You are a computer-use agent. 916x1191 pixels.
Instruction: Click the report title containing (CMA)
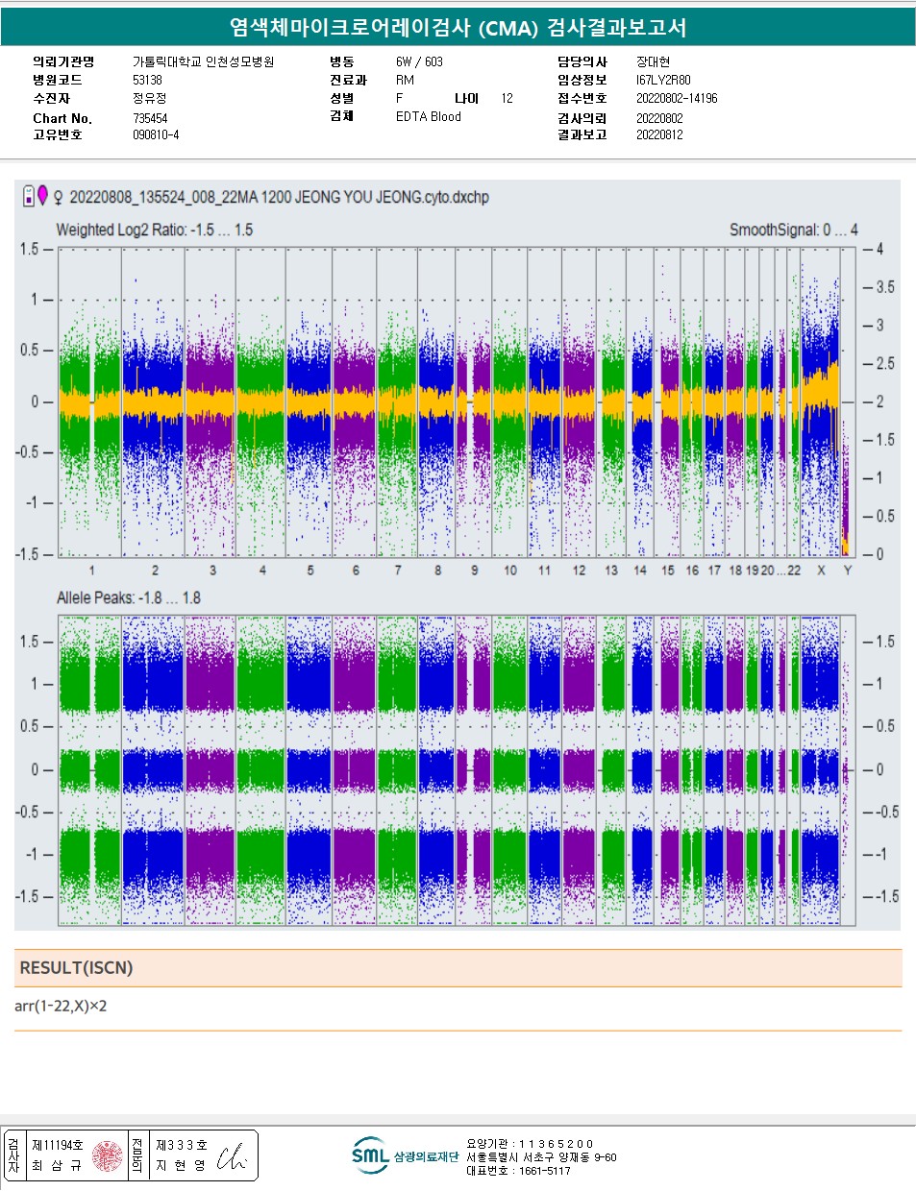click(458, 27)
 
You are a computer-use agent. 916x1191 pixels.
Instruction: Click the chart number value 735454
click(150, 118)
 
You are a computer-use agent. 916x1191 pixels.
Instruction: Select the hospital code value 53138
click(147, 80)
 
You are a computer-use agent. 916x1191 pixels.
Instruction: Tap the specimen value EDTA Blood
click(428, 116)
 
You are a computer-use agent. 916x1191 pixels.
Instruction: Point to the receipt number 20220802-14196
click(676, 98)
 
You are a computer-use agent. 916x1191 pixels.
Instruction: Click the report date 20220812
click(659, 134)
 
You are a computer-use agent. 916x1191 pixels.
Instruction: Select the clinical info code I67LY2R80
click(663, 80)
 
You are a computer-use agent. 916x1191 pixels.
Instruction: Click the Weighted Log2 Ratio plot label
click(154, 230)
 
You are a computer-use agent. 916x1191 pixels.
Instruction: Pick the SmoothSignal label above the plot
click(793, 230)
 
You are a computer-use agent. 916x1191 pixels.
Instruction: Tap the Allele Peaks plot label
click(128, 597)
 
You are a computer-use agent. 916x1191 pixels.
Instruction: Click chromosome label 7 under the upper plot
click(398, 571)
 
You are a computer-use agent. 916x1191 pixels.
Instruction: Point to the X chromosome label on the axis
click(821, 571)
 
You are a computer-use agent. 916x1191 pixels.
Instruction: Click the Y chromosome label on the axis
click(847, 571)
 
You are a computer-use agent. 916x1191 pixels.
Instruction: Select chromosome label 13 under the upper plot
click(611, 571)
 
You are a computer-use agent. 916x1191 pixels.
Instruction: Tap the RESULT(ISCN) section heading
click(76, 967)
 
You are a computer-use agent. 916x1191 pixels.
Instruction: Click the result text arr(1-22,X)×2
click(61, 1006)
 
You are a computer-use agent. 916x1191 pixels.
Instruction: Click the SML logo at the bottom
click(370, 1155)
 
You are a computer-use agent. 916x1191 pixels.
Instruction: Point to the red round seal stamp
click(108, 1155)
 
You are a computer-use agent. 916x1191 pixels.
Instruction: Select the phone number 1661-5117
click(544, 1171)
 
